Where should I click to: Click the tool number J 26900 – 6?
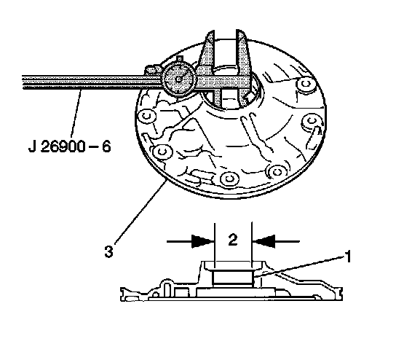pos(70,146)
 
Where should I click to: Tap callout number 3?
pos(108,252)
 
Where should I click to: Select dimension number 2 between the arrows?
pos(233,240)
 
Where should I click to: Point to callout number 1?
pos(348,257)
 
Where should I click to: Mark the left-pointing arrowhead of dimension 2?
pos(264,241)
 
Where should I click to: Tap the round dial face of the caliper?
pos(179,79)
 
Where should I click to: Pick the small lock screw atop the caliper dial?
pos(180,59)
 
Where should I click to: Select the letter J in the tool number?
pos(32,146)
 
